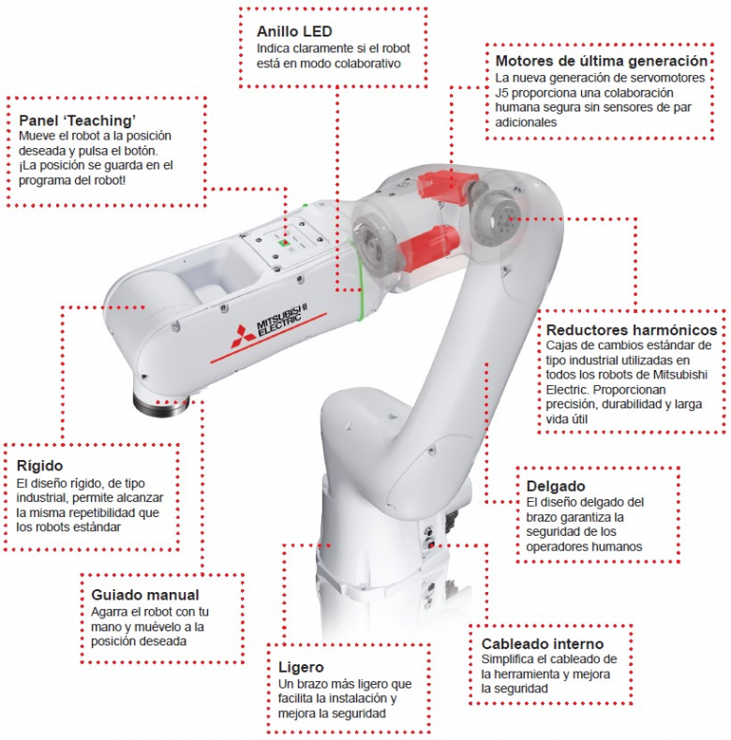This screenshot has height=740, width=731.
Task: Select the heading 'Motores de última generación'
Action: [x=601, y=61]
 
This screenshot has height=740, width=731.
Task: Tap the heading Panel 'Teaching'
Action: [x=78, y=120]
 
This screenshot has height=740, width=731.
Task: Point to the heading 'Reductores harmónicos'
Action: [x=631, y=330]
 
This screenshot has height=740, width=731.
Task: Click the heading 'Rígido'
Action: [x=40, y=466]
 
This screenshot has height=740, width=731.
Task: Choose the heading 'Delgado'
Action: [x=556, y=486]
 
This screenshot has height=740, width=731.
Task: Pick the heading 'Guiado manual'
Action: [x=145, y=594]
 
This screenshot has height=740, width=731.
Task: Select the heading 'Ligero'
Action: [x=301, y=667]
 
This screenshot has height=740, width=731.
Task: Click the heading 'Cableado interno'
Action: [x=542, y=644]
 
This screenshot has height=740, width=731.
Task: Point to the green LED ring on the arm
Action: [x=358, y=272]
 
